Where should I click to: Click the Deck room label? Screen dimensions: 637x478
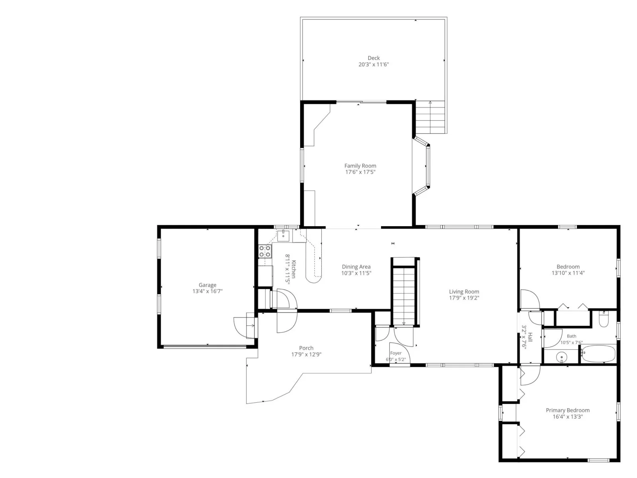coord(373,58)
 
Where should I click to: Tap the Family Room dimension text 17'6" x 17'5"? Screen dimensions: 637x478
coord(360,172)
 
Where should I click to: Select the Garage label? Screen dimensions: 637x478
coord(207,285)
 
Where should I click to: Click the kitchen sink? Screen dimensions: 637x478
coord(283,236)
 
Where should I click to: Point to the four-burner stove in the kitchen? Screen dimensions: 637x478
coord(265,251)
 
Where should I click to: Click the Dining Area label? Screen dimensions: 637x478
coord(356,267)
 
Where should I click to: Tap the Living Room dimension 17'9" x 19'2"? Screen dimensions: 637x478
coord(464,298)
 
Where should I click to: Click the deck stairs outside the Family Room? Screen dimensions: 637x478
coord(430,117)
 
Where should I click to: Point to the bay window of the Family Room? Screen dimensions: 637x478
coord(422,166)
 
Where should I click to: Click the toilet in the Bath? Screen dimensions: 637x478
coord(604,319)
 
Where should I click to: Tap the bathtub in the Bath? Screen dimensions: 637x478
coord(598,353)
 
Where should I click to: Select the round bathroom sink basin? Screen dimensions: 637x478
coord(561,357)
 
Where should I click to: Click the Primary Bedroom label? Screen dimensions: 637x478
coord(568,410)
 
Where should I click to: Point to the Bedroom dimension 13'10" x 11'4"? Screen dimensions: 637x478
coord(568,273)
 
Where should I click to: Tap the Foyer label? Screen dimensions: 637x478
coord(396,353)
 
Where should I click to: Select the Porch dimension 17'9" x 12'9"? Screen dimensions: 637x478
coord(306,355)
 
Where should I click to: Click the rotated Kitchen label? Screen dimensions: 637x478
coord(294,269)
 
